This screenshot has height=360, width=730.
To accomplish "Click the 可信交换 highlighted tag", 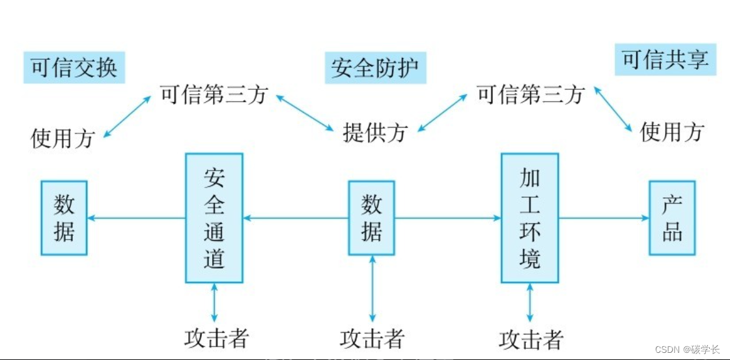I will (x=74, y=68).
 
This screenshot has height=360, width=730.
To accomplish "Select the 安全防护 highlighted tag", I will (x=375, y=68).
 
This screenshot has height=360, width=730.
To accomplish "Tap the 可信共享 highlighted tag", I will (x=665, y=61).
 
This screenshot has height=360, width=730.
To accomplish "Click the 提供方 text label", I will (x=374, y=132).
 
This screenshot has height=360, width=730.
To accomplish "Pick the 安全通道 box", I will (x=214, y=218).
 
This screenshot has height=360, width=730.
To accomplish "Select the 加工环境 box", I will (x=529, y=218).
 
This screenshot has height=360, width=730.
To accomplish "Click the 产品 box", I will (x=672, y=218).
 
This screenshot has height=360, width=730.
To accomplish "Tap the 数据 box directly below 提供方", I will (x=371, y=218).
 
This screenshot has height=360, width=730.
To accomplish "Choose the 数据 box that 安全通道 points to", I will (x=64, y=218).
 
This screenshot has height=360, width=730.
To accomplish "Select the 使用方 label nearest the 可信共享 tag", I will (x=672, y=132).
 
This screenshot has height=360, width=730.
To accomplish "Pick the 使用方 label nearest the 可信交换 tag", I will (x=63, y=138).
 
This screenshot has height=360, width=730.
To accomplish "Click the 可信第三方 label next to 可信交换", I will (x=214, y=95).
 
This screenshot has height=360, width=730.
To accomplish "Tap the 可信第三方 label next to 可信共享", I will (x=530, y=95).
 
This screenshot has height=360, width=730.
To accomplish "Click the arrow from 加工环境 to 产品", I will (x=604, y=218).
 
